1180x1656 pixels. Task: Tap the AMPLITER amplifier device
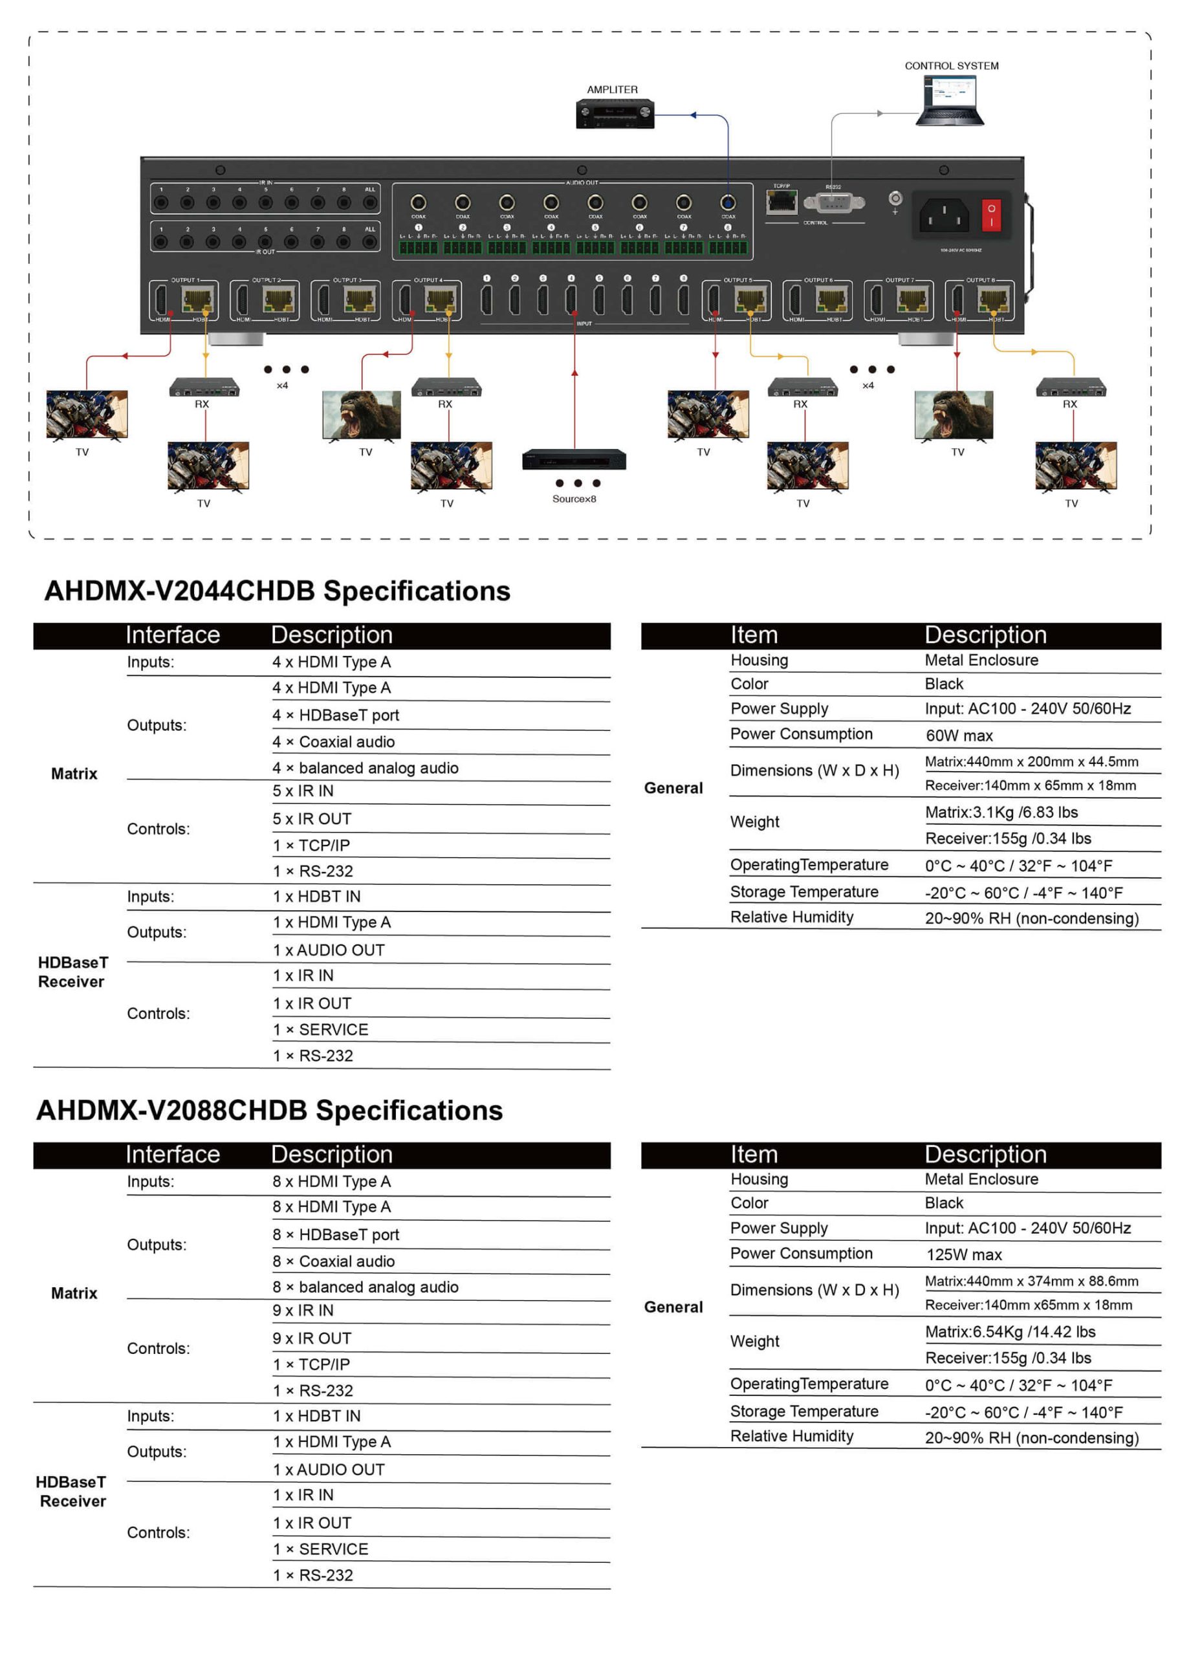click(x=615, y=114)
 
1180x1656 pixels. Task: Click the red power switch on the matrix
click(x=991, y=215)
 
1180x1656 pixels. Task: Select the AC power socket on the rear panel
click(x=944, y=215)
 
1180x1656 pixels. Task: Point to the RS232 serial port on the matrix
click(x=834, y=202)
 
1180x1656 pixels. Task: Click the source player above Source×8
click(x=574, y=461)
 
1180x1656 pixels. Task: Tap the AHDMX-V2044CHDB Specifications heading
click(x=277, y=591)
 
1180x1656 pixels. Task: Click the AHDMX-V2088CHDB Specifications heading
click(x=270, y=1111)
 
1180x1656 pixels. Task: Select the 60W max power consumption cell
click(x=959, y=735)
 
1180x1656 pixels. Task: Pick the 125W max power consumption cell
click(x=963, y=1255)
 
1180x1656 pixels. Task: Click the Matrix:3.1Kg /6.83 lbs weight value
click(x=1001, y=812)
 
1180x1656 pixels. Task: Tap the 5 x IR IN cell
click(x=303, y=792)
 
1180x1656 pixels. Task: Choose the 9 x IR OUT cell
click(x=312, y=1338)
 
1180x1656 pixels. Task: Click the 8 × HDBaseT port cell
click(x=336, y=1235)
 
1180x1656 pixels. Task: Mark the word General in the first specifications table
click(x=673, y=788)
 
